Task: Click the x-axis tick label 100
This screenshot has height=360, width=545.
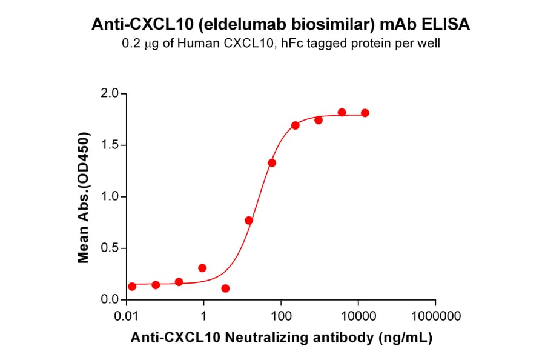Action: pos(281,316)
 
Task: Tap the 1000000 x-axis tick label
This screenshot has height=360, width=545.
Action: pos(435,316)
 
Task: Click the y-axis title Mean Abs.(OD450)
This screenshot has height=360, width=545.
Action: pos(84,197)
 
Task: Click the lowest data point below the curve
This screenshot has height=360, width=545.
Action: pos(225,288)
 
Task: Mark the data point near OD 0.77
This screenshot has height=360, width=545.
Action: pos(249,221)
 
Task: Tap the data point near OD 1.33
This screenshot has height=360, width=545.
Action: pos(272,163)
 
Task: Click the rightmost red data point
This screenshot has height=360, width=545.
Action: pos(365,113)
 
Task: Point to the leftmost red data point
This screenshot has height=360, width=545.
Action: pos(132,287)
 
